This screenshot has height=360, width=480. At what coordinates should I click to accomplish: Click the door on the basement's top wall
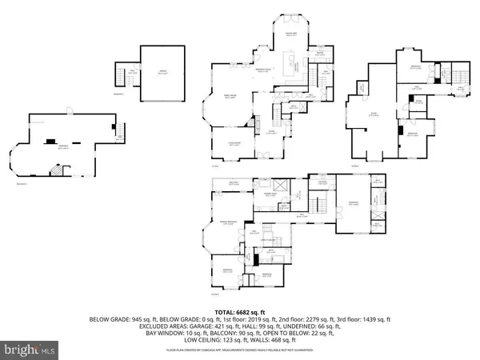tap(69, 113)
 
